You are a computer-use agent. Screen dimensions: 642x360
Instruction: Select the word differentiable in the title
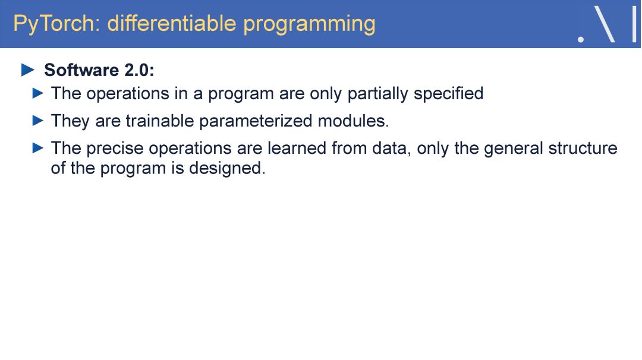pos(172,23)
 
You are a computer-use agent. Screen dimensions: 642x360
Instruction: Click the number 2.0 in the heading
pos(137,70)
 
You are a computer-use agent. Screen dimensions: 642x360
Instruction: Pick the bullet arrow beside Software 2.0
pos(28,70)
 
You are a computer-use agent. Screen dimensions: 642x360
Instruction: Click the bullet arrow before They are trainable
pos(37,121)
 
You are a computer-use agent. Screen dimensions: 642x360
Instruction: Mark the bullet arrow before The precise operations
pos(37,148)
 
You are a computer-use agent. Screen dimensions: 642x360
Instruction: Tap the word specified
pos(448,94)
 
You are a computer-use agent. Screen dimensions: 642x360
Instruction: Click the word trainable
pos(160,121)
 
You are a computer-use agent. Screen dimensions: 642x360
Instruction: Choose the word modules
pos(353,121)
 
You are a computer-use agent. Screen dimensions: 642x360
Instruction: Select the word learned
pos(297,148)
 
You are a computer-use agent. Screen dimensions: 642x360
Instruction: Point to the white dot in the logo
pos(581,40)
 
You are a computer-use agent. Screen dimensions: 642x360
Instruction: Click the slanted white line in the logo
pos(604,24)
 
